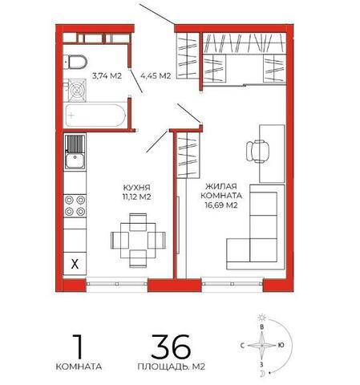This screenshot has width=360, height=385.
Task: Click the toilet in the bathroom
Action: tap(75, 62)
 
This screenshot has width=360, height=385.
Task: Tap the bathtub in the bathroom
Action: tap(95, 115)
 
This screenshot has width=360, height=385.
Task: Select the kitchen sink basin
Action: tap(75, 161)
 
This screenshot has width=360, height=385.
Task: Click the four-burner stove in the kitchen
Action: tap(75, 206)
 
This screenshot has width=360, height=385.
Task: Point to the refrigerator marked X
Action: tap(75, 264)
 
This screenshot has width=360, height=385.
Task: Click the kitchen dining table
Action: tap(138, 241)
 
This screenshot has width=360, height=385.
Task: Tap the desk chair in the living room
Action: tap(257, 152)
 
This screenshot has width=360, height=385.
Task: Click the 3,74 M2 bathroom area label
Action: tap(107, 76)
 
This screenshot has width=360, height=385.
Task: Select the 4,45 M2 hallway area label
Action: tap(156, 76)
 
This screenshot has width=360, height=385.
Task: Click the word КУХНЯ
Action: tap(137, 187)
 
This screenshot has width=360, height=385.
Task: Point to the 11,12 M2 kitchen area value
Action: tap(137, 197)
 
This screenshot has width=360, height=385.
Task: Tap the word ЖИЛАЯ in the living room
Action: tap(221, 186)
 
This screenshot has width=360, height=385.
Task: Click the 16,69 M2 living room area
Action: tap(221, 205)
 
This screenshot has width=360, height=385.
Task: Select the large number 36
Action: tap(171, 346)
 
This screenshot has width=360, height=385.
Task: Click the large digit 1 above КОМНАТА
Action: tap(78, 346)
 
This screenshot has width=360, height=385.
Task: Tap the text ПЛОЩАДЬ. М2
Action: tap(172, 367)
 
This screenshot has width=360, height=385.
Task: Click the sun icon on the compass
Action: tap(262, 318)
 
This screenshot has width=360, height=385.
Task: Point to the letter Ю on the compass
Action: tap(281, 345)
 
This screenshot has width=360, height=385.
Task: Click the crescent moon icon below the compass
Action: tap(262, 374)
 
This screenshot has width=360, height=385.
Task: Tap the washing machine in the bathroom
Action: tap(77, 91)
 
